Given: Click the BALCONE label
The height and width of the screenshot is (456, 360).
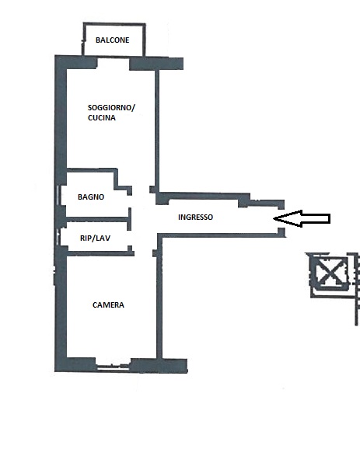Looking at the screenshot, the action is pos(112,40).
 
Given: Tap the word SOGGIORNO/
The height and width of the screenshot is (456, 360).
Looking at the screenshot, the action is pos(111,108).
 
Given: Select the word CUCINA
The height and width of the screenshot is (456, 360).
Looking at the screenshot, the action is pos(102,118).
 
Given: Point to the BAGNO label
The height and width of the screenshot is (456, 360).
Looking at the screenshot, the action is pos(91,197).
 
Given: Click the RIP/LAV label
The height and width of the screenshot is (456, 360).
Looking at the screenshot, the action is pos(95,238).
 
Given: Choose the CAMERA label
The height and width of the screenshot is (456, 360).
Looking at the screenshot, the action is pos(108,305).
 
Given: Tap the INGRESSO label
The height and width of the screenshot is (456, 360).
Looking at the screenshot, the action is pos(195,217).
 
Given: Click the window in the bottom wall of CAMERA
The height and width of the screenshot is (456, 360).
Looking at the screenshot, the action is pos(113,366).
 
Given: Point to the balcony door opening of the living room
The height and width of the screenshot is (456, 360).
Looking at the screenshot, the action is pos(114,63).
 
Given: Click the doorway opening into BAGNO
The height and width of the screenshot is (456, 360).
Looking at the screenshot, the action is pos(130,201).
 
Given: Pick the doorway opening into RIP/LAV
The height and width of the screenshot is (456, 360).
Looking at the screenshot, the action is pos(130,238).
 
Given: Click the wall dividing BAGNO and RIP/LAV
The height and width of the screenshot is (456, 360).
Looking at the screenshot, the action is pos(97,219).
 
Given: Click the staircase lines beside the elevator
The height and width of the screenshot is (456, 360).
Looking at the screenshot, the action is pos(356,289).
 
